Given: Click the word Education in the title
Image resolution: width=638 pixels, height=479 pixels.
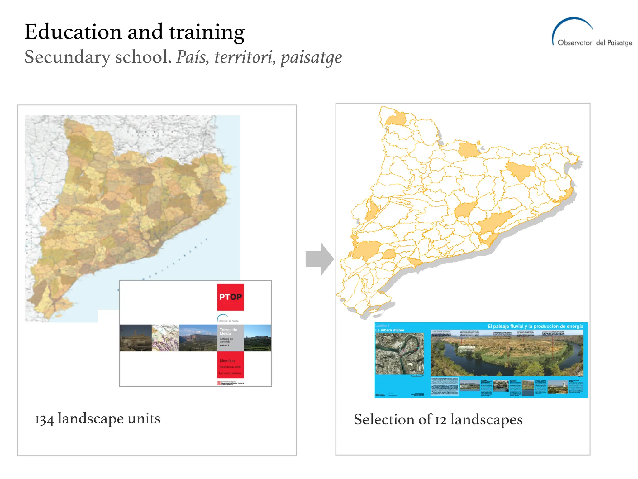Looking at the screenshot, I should [73, 32].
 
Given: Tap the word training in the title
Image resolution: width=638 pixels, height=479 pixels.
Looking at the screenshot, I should [207, 32].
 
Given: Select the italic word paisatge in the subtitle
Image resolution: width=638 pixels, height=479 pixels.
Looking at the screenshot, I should [311, 57].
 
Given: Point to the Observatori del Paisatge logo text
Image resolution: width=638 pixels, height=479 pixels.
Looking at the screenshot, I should [594, 43].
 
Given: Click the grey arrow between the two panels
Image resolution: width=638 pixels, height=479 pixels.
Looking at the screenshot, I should [319, 259].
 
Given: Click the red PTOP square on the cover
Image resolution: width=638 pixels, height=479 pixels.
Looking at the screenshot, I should [231, 297].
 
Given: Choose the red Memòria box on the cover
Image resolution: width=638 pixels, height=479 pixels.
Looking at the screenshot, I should [230, 365].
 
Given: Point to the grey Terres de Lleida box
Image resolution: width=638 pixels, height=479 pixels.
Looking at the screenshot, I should [230, 338].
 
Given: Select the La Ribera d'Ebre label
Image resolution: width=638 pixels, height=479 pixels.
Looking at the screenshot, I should [390, 330].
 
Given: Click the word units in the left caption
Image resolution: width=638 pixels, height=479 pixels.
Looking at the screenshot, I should [144, 419].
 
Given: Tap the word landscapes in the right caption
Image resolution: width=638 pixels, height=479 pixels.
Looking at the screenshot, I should [486, 420].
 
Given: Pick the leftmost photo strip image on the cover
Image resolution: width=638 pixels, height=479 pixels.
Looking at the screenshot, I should [136, 338].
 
